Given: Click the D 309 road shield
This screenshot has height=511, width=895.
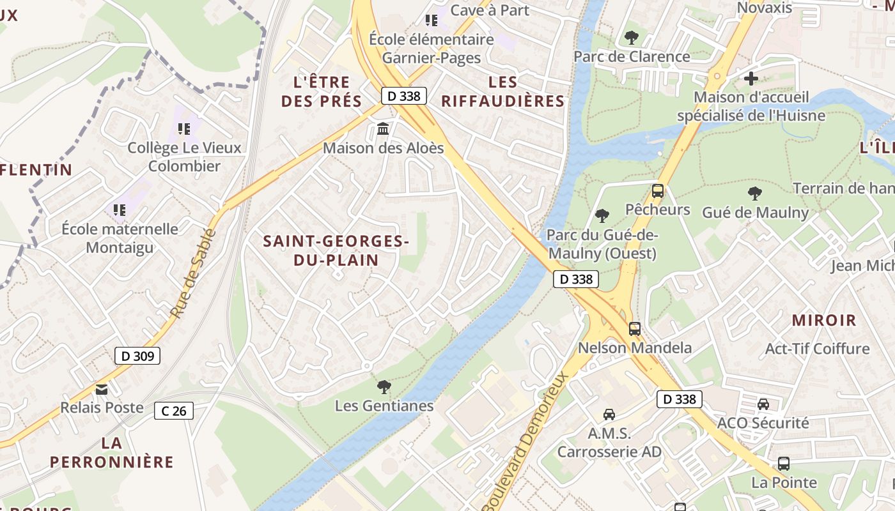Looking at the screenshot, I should click(137, 356).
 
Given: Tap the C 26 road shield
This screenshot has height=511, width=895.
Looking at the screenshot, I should click(174, 411).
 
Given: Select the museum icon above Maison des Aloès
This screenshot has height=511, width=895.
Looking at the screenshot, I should click(383, 129).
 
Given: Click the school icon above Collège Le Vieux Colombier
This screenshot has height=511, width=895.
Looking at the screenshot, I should click(184, 129).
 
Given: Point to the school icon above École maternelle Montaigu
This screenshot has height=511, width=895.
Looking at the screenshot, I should click(119, 210).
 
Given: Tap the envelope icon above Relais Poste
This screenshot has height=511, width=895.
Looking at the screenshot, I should click(102, 389).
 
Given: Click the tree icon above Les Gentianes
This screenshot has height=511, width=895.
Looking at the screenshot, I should click(384, 386).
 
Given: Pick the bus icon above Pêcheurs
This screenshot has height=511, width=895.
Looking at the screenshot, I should click(657, 190).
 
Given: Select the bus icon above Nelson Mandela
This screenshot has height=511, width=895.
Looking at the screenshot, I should click(634, 329).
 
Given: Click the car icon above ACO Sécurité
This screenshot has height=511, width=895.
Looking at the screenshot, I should click(763, 404).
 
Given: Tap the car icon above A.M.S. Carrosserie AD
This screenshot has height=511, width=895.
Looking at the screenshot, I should click(609, 415).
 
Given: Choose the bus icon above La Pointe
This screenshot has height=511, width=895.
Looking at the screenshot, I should click(784, 464).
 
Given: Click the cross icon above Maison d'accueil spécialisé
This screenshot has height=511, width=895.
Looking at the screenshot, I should click(751, 79).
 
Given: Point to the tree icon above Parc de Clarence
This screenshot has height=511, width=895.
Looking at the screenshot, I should click(631, 38).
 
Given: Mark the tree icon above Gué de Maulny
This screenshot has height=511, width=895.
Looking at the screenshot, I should click(754, 193).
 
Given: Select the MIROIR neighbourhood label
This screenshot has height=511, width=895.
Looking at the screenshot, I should click(824, 321).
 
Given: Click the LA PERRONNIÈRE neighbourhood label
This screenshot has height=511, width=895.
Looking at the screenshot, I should click(112, 452).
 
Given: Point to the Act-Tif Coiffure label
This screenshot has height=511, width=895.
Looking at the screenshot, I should click(817, 349).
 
